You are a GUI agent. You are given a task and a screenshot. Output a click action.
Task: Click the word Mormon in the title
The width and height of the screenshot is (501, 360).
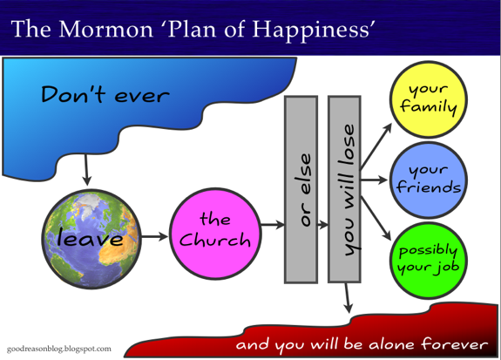coord(106,29)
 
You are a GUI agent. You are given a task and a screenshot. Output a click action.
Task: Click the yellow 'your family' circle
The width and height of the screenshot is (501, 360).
coord(429,99)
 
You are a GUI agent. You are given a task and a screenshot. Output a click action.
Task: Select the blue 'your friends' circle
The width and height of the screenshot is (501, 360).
coord(429,180)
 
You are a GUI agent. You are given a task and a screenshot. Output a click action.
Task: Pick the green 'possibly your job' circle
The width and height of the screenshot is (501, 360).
coord(429,261)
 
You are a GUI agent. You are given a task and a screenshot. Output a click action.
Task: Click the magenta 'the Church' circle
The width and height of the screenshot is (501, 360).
coord(215,234)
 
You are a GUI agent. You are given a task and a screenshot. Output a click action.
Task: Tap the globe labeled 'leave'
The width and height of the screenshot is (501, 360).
coord(91,239)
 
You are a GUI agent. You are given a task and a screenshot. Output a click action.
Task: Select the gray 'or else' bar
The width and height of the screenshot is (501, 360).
coord(301,189)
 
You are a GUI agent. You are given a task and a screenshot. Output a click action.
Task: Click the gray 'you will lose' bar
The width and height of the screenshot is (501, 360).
coord(344,189)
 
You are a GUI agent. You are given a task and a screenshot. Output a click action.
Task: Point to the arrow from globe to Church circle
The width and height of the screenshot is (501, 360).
coord(154,236)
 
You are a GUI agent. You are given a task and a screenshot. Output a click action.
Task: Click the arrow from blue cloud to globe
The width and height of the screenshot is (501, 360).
coord(86,170)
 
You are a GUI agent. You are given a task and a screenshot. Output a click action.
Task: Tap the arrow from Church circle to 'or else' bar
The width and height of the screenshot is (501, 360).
coord(273,225)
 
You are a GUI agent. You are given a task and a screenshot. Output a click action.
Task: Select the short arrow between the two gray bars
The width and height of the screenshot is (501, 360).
coord(323,225)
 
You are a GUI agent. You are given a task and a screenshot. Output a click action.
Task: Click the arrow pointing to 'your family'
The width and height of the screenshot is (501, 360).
coord(376,146)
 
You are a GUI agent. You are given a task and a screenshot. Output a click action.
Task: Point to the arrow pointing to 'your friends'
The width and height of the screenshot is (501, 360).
coord(374,180)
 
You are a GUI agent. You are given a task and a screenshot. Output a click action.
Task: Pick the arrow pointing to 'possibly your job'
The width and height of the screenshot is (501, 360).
coord(376,219)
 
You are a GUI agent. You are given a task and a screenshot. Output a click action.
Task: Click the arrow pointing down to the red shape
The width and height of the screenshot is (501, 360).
coord(348,298)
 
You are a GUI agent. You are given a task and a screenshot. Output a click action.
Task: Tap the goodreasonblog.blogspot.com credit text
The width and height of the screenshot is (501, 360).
coord(59,349)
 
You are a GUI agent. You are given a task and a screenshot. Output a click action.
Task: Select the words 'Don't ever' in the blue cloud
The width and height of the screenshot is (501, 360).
coord(105,94)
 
